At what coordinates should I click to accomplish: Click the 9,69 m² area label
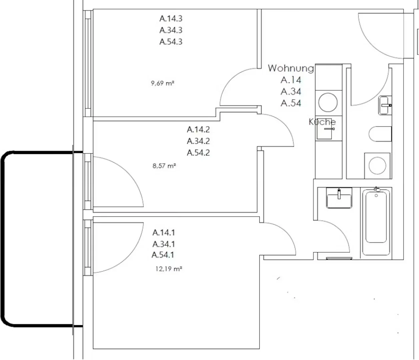tap(162, 83)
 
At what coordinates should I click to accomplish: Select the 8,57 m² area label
tap(164, 166)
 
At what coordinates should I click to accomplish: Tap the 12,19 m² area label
tap(169, 269)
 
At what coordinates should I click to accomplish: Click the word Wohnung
tap(291, 68)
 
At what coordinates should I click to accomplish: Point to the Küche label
tap(322, 122)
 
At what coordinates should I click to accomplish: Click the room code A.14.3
tap(171, 18)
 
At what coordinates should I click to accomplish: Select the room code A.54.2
tap(198, 153)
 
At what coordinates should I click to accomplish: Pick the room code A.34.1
tap(163, 244)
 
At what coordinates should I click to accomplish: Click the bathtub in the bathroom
tap(376, 222)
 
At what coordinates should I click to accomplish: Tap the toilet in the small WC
tap(380, 134)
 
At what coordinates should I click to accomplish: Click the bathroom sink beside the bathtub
tap(339, 198)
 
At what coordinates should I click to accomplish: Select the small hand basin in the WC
tap(385, 105)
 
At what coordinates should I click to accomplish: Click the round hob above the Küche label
tap(328, 102)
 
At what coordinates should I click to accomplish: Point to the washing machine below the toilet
tap(377, 166)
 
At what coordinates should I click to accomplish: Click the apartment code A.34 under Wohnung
tap(291, 92)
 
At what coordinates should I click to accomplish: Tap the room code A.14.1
tap(163, 233)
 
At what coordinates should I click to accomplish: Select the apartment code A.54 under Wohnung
tap(291, 103)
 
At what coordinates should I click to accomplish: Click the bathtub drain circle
tap(376, 196)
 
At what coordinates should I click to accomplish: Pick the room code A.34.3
tap(171, 30)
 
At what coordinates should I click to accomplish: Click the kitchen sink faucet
tap(329, 129)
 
